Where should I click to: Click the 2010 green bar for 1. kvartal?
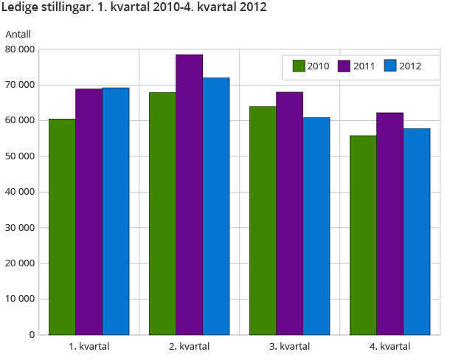(62, 226)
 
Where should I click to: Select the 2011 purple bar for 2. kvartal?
(189, 195)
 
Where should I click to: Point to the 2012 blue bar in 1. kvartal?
(116, 211)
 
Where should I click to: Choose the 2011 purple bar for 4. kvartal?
(390, 224)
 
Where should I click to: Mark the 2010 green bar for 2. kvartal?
(162, 213)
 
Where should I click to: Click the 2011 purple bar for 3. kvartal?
(289, 213)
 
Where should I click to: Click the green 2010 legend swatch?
(299, 66)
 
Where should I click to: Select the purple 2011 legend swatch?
(345, 66)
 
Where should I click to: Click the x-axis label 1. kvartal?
(89, 347)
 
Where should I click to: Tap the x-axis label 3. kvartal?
(289, 347)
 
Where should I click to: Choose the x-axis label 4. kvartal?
(390, 347)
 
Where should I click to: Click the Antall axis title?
(18, 34)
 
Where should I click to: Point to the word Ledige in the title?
(23, 9)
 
